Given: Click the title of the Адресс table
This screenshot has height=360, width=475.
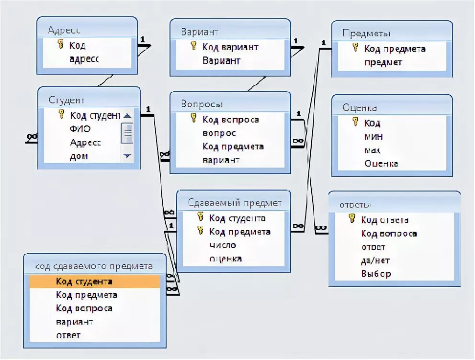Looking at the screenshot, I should pyautogui.click(x=64, y=30).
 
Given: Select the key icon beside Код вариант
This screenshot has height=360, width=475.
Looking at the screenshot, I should pyautogui.click(x=193, y=46).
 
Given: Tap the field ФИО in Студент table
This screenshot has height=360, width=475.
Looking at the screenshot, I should pyautogui.click(x=80, y=129).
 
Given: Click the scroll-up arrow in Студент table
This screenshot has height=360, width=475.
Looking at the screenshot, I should pyautogui.click(x=127, y=116).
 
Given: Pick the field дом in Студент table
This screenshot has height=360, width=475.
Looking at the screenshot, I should pyautogui.click(x=79, y=156).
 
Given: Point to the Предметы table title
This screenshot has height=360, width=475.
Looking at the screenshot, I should pyautogui.click(x=366, y=33).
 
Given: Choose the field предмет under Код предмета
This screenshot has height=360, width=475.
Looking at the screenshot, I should pyautogui.click(x=383, y=62).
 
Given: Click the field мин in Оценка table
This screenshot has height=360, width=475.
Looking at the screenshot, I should pyautogui.click(x=373, y=136).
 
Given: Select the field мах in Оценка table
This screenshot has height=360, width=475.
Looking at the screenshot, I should pyautogui.click(x=373, y=150).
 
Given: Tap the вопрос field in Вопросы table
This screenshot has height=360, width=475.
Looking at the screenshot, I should pyautogui.click(x=219, y=133).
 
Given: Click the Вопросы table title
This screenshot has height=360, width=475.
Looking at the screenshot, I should pyautogui.click(x=202, y=104).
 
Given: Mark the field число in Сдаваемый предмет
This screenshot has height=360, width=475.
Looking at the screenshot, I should pyautogui.click(x=223, y=245).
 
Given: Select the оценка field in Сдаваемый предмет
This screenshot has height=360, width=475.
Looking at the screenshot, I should pyautogui.click(x=225, y=259).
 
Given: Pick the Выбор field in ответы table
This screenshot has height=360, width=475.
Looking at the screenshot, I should pyautogui.click(x=376, y=274).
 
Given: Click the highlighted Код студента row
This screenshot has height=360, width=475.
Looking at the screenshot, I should pyautogui.click(x=94, y=281).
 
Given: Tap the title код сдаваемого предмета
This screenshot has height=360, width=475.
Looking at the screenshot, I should pyautogui.click(x=94, y=266).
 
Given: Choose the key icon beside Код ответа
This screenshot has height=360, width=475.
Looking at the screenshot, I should pyautogui.click(x=352, y=219).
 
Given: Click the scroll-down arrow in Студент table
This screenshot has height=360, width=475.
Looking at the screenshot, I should pyautogui.click(x=127, y=156).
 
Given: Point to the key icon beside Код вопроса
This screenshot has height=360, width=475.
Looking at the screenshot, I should pyautogui.click(x=193, y=118).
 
